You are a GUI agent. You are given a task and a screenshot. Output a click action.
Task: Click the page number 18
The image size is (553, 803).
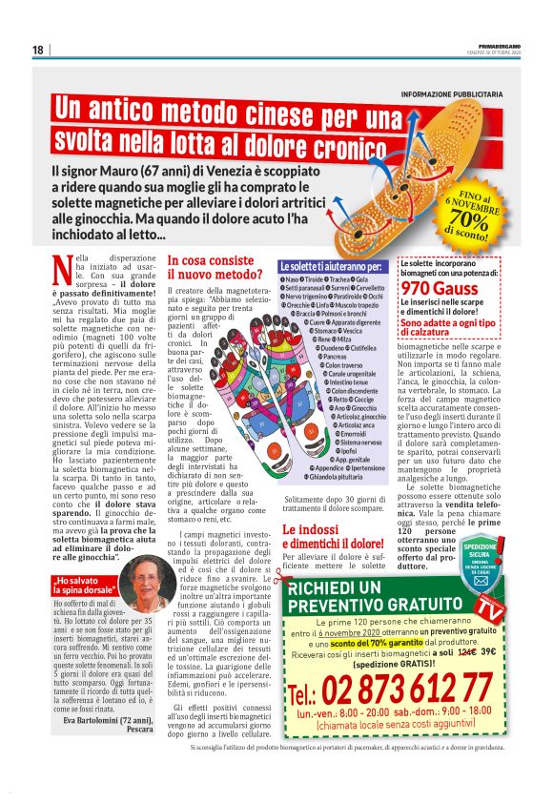point(37,50)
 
